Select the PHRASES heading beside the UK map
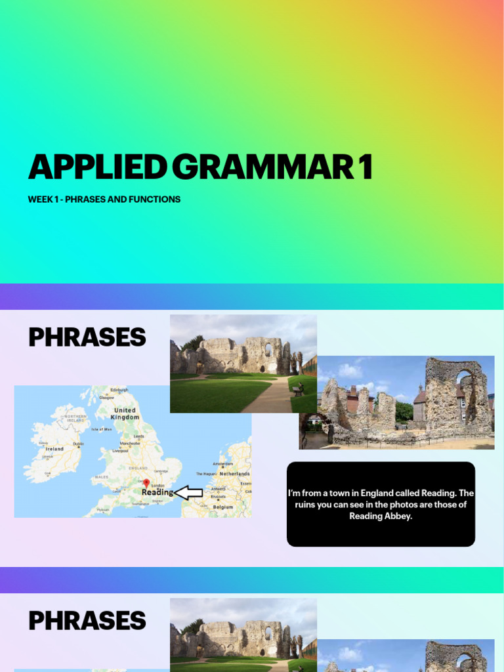[87, 337]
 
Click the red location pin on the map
[146, 483]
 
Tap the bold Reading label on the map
[157, 492]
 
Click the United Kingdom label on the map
[125, 413]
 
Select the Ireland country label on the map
[54, 449]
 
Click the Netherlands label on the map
[234, 473]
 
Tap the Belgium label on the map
[223, 507]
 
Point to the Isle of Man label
[102, 429]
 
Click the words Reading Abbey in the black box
[380, 516]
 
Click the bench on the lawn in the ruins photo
[297, 391]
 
